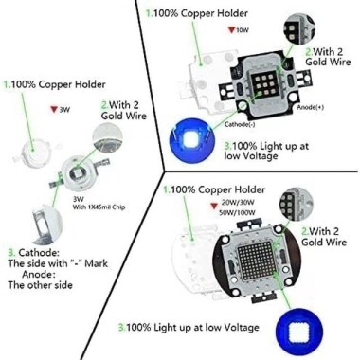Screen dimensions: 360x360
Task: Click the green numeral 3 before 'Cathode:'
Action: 10,253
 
